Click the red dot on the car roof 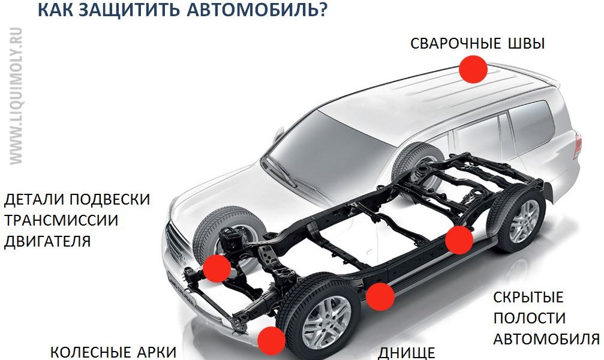pos(473,69)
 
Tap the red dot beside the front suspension pos(217,268)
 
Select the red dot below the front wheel pos(271,341)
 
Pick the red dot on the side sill pos(380,296)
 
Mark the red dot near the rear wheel pos(459,240)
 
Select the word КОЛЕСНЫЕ pos(91,352)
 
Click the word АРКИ pos(157,352)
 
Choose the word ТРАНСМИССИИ pos(61,220)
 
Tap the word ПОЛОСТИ pos(529,319)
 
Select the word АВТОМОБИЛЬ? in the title pos(257,9)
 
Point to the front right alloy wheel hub pos(327,322)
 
